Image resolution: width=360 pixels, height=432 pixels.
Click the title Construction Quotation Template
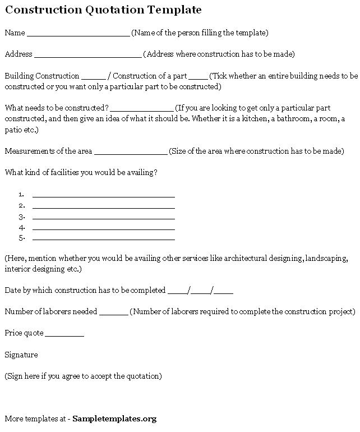(x=103, y=10)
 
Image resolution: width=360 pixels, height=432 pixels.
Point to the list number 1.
(x=21, y=194)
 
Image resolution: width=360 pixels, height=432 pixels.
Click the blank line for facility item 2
(x=104, y=207)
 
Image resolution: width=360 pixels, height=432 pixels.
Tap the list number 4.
(x=21, y=228)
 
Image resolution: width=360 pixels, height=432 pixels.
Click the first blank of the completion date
(x=178, y=292)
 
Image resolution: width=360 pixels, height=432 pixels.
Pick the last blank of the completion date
(x=224, y=292)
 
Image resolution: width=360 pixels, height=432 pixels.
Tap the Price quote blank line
(x=64, y=335)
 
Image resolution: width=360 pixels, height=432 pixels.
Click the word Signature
(x=21, y=355)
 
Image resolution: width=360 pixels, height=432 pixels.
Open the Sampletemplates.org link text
(x=114, y=419)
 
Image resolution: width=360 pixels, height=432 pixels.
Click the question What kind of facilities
(x=81, y=173)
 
